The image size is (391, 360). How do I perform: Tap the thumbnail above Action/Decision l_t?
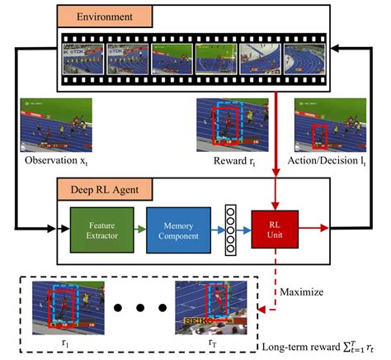tap(318, 124)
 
